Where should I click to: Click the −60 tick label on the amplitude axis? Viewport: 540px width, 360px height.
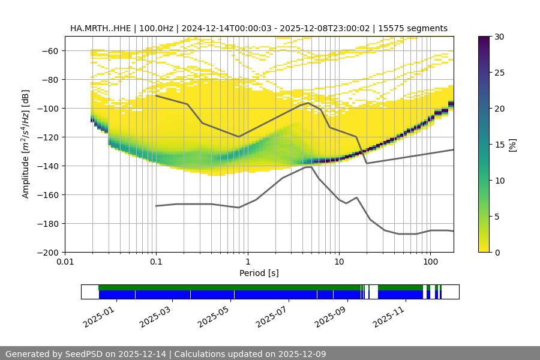click(49, 50)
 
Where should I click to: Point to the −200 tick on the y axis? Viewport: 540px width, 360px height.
click(49, 252)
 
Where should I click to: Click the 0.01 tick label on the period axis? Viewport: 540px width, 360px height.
click(65, 262)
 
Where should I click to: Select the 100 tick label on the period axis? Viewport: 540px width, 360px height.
click(430, 262)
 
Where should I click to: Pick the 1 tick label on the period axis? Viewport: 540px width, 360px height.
click(247, 262)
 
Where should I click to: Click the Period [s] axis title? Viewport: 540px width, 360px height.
click(259, 273)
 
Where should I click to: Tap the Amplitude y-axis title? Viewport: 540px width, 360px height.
click(25, 144)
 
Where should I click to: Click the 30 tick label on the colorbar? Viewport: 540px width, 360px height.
click(499, 37)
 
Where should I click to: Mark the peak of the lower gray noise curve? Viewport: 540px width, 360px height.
click(308, 167)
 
